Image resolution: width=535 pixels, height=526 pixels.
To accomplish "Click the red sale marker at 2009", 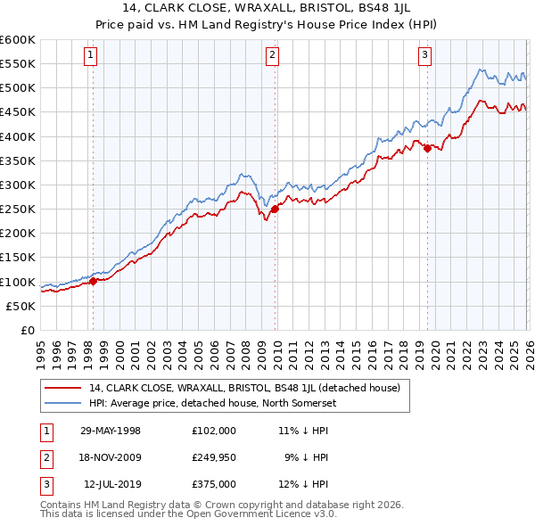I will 275,209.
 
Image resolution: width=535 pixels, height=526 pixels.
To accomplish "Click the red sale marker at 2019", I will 427,148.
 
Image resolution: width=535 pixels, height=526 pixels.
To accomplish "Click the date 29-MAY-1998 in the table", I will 111,430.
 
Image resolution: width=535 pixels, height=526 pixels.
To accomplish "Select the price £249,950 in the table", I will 214,457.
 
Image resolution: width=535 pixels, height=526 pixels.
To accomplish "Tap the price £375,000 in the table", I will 214,484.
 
